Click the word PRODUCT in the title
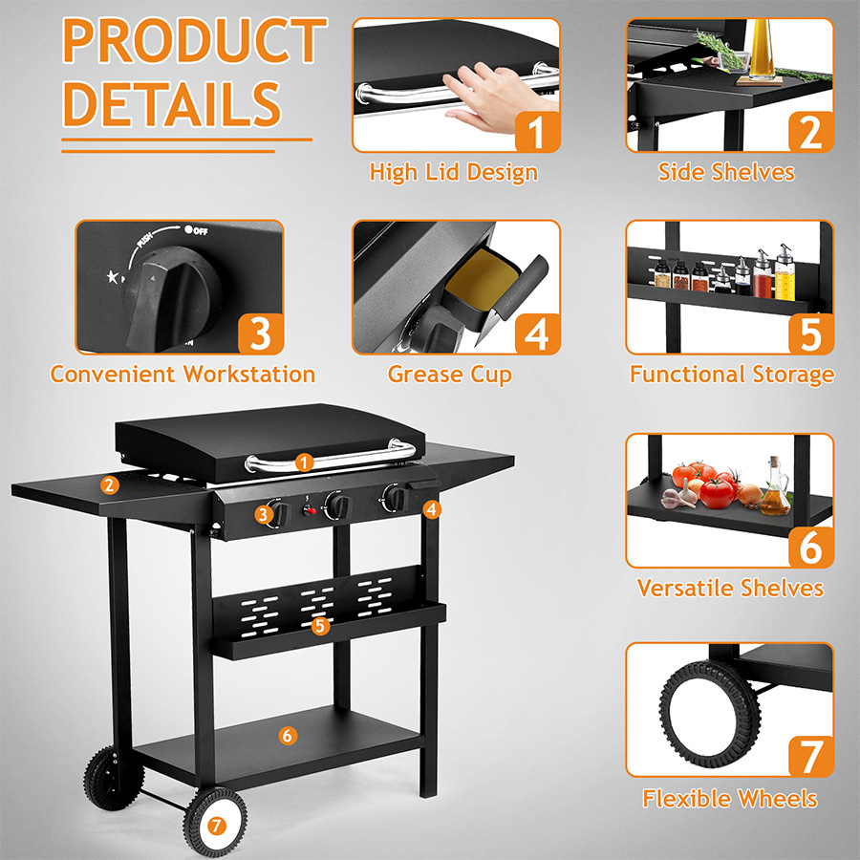click(x=195, y=40)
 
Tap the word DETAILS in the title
click(x=172, y=103)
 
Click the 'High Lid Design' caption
click(x=454, y=172)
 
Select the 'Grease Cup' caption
click(x=450, y=375)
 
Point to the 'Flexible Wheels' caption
click(x=729, y=799)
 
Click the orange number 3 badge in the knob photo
click(x=261, y=333)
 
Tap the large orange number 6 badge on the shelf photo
click(x=811, y=547)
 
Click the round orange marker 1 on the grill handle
click(x=305, y=462)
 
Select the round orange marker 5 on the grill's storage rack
click(x=320, y=626)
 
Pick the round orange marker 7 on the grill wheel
click(x=217, y=826)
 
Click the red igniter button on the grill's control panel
click(x=311, y=511)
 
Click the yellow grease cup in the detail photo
click(x=483, y=278)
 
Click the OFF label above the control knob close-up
click(x=196, y=230)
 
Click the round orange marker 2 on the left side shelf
click(x=110, y=484)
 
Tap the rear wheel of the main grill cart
click(x=114, y=778)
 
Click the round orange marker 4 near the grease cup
click(x=432, y=509)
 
